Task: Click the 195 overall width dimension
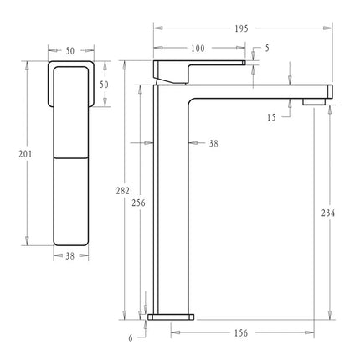[240, 28]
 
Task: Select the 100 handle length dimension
[198, 48]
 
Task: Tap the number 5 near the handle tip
[266, 48]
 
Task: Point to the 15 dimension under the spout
[272, 118]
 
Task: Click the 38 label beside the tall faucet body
[213, 144]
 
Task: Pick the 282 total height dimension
[124, 191]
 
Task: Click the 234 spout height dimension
[327, 214]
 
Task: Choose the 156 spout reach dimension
[240, 333]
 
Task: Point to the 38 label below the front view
[69, 257]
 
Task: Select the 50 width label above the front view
[69, 51]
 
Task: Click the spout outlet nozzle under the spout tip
[315, 102]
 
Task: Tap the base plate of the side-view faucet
[172, 317]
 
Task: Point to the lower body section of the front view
[70, 201]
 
